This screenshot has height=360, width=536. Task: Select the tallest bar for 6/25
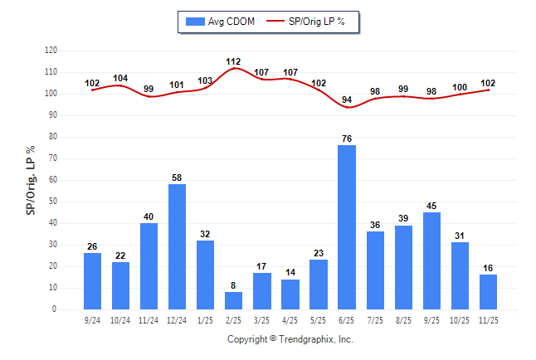[x=347, y=227]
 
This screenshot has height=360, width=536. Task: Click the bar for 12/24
[x=178, y=246]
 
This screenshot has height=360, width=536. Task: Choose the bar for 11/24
[x=149, y=266]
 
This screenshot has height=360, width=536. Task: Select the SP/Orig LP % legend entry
[x=310, y=22]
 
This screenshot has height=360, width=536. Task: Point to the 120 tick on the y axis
[x=51, y=51]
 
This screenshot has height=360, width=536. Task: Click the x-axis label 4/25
[x=290, y=320]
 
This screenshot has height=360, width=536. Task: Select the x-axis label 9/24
[x=93, y=320]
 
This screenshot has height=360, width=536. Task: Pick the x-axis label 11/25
[x=488, y=320]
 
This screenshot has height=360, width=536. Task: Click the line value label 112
[x=234, y=61]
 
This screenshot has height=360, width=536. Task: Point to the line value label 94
[x=347, y=100]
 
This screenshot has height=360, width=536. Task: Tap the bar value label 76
[x=347, y=139]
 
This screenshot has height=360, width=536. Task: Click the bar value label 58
[x=178, y=178]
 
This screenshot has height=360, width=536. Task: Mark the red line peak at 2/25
[x=234, y=68]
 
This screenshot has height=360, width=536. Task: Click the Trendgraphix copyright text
[x=290, y=339]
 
